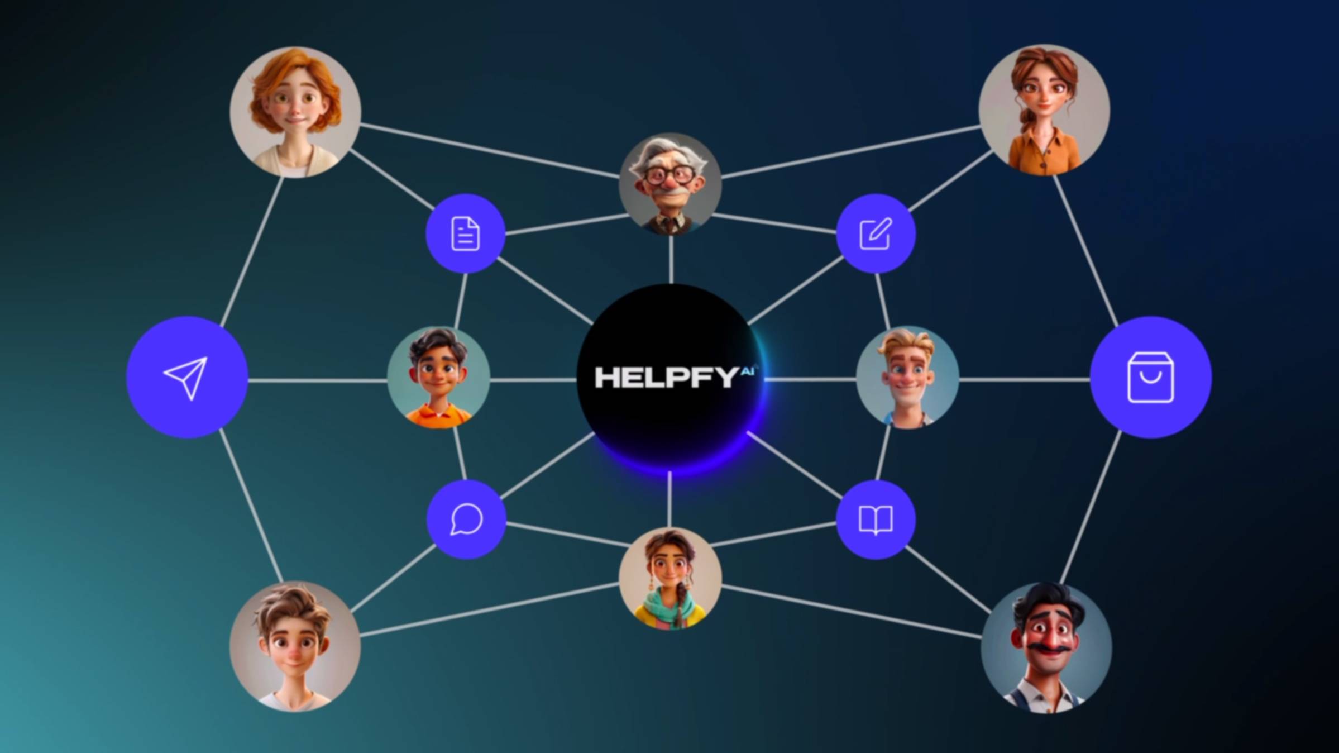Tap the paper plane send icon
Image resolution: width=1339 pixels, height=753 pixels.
[186, 378]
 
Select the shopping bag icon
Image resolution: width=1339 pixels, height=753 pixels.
[1150, 377]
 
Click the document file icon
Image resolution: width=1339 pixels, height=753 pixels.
[465, 233]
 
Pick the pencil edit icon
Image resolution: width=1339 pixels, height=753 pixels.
[876, 233]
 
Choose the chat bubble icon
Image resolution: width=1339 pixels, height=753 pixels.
[466, 520]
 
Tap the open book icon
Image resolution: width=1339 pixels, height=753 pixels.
[876, 520]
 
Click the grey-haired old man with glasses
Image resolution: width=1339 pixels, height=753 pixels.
[670, 184]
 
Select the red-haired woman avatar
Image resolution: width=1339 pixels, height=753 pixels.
[295, 112]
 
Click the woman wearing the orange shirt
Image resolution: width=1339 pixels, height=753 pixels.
[1044, 110]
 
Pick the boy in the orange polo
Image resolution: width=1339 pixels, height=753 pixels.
[439, 378]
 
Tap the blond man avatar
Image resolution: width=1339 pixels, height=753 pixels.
[907, 378]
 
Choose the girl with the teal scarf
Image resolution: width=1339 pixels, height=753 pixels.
[670, 579]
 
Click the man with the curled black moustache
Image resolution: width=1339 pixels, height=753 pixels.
[1046, 647]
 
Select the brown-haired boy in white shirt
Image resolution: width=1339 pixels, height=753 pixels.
[295, 646]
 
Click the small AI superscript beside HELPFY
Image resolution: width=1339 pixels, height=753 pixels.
[749, 371]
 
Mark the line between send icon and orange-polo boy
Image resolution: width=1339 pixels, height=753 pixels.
[318, 381]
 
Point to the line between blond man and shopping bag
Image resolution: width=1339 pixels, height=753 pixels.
[1025, 380]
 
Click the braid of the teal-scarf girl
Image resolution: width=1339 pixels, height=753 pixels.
[680, 603]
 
